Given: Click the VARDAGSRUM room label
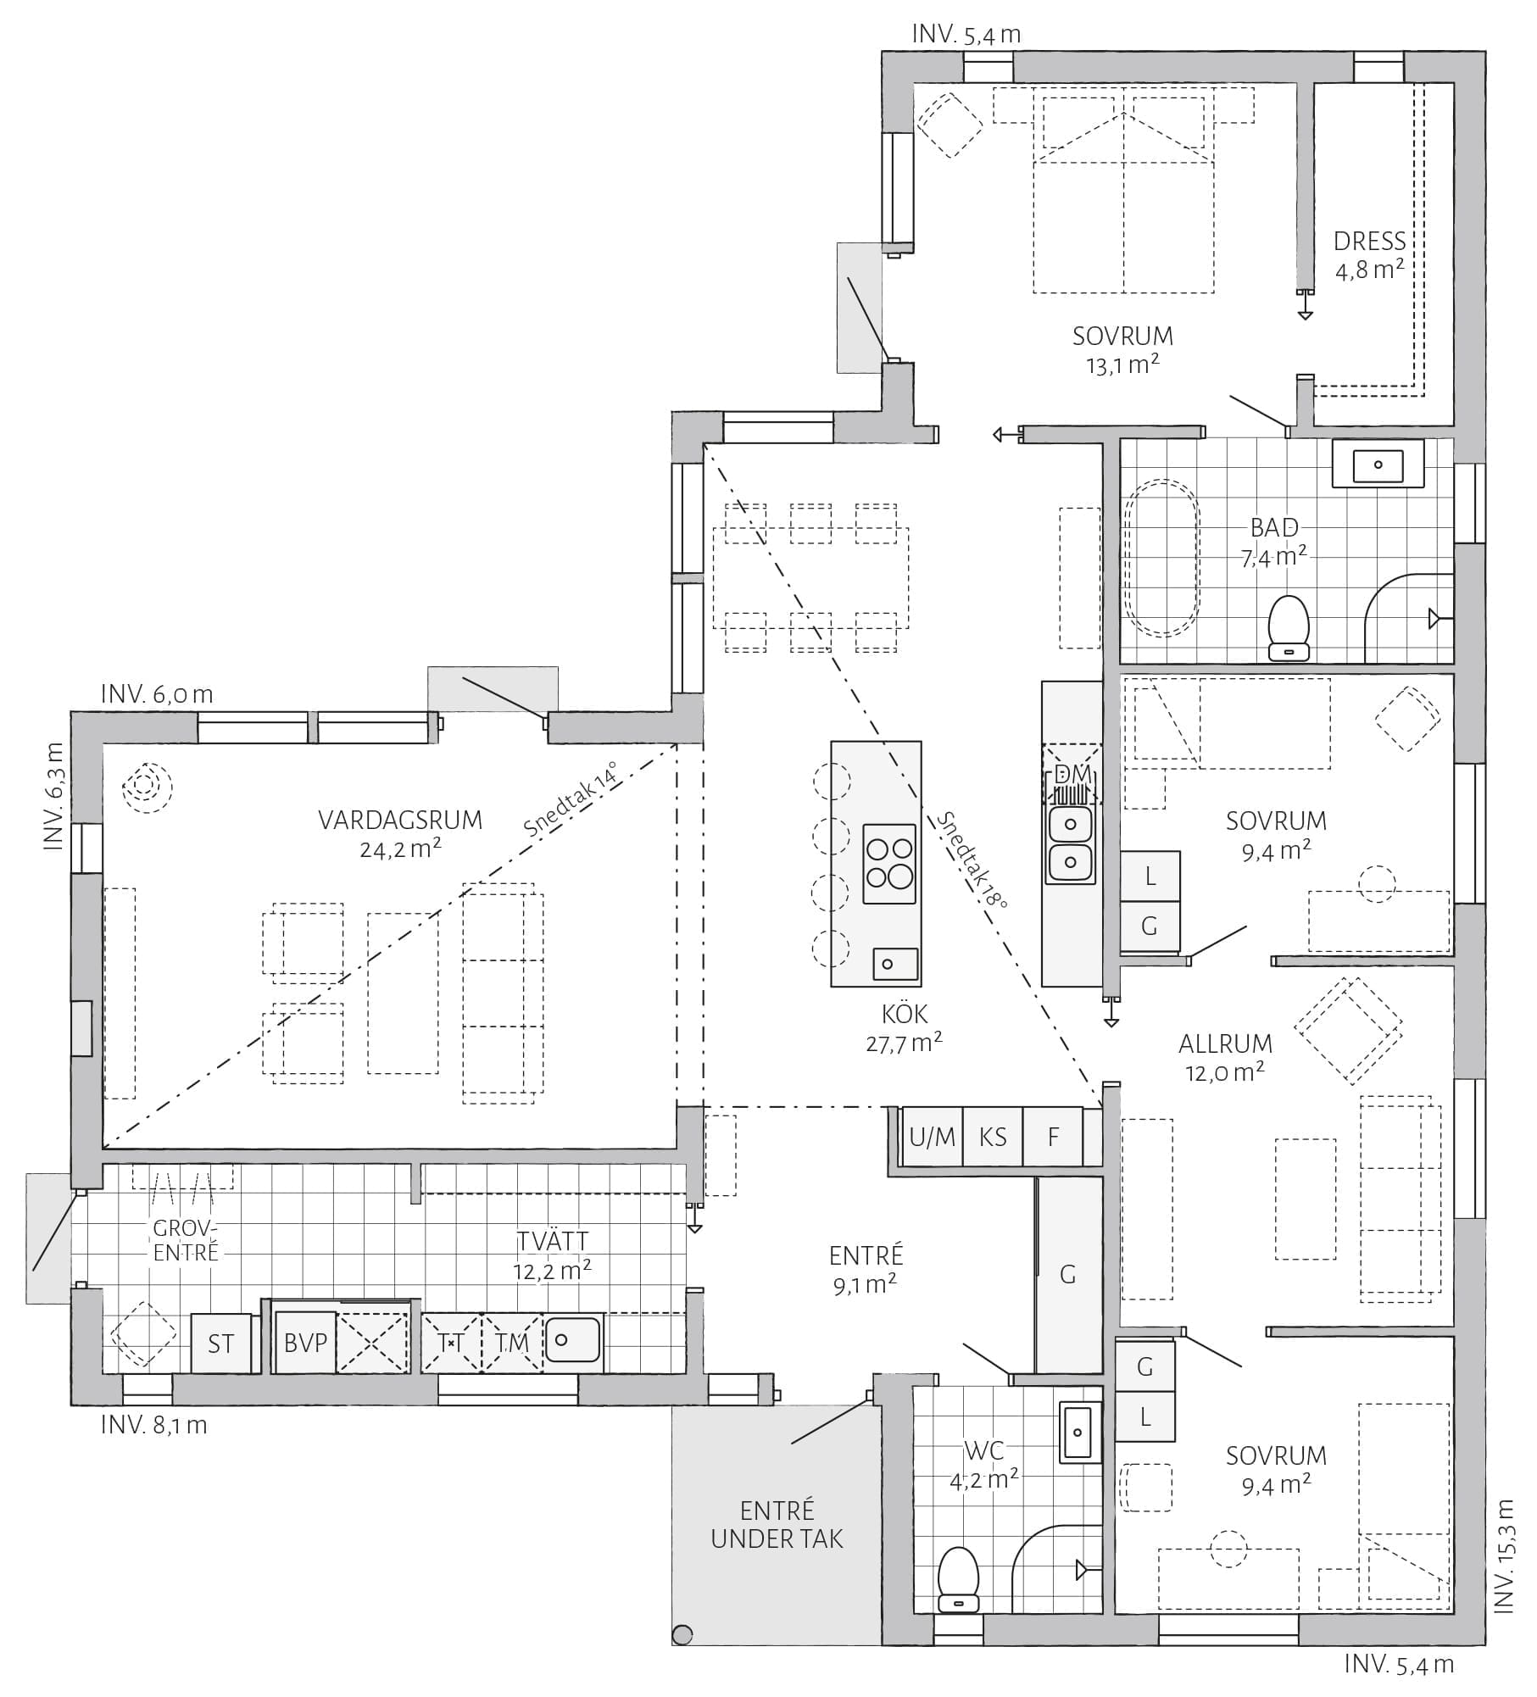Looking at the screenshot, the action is [x=400, y=821].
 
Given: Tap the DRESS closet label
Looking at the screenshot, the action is [x=1369, y=242].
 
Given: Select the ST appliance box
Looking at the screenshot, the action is [x=221, y=1344].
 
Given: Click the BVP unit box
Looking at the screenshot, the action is [x=305, y=1344].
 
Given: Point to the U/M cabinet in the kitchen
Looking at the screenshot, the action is [x=933, y=1137].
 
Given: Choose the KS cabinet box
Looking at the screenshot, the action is [x=993, y=1137].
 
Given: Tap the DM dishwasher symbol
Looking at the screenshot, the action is [x=1072, y=774].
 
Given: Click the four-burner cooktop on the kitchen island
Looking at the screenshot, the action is [x=889, y=862].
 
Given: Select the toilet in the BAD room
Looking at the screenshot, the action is [x=1289, y=628].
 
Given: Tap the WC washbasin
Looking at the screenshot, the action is [x=1078, y=1432].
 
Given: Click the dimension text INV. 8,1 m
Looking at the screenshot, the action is [x=153, y=1425].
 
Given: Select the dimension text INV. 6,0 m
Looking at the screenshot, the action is [x=157, y=694].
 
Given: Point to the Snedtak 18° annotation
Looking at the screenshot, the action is [x=972, y=860].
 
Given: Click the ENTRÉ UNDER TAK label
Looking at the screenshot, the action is [x=777, y=1525].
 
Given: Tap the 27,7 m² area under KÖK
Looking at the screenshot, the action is [x=905, y=1043].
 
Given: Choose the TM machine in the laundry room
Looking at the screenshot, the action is [x=512, y=1344].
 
